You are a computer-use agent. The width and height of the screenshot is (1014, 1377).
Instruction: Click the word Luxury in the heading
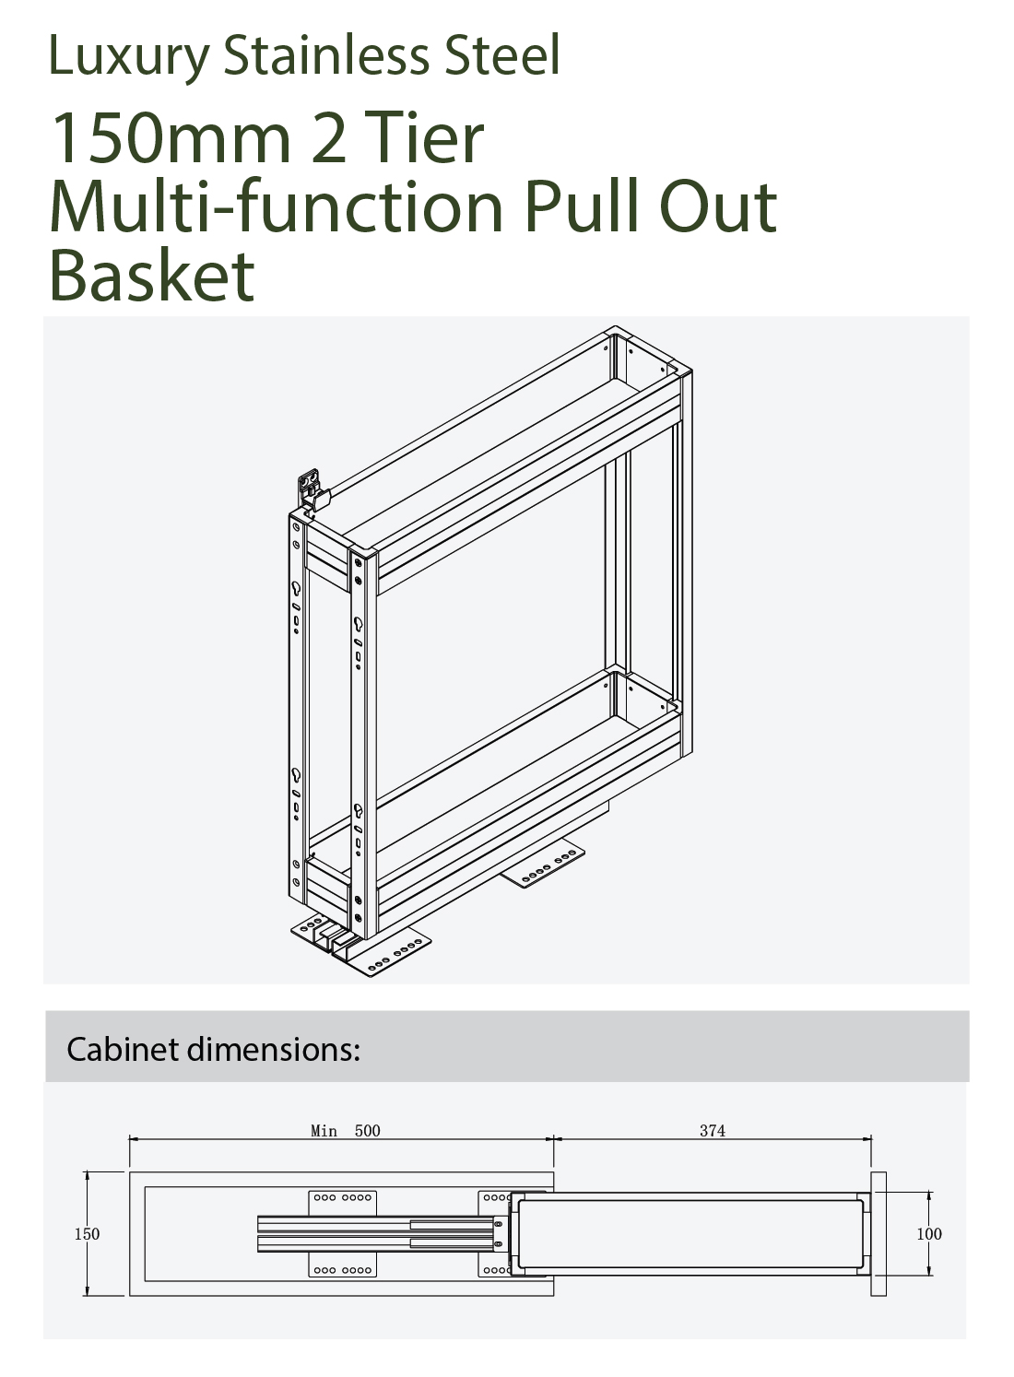click(x=128, y=58)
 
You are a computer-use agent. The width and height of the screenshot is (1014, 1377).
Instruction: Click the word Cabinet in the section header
click(x=123, y=1050)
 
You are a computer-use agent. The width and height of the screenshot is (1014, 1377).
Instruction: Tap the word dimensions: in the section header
click(x=273, y=1050)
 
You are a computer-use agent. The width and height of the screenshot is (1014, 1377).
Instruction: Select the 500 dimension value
click(x=367, y=1131)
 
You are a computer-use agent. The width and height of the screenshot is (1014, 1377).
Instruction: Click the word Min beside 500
click(x=324, y=1131)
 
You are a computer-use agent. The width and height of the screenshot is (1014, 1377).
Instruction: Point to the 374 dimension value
click(x=712, y=1131)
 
